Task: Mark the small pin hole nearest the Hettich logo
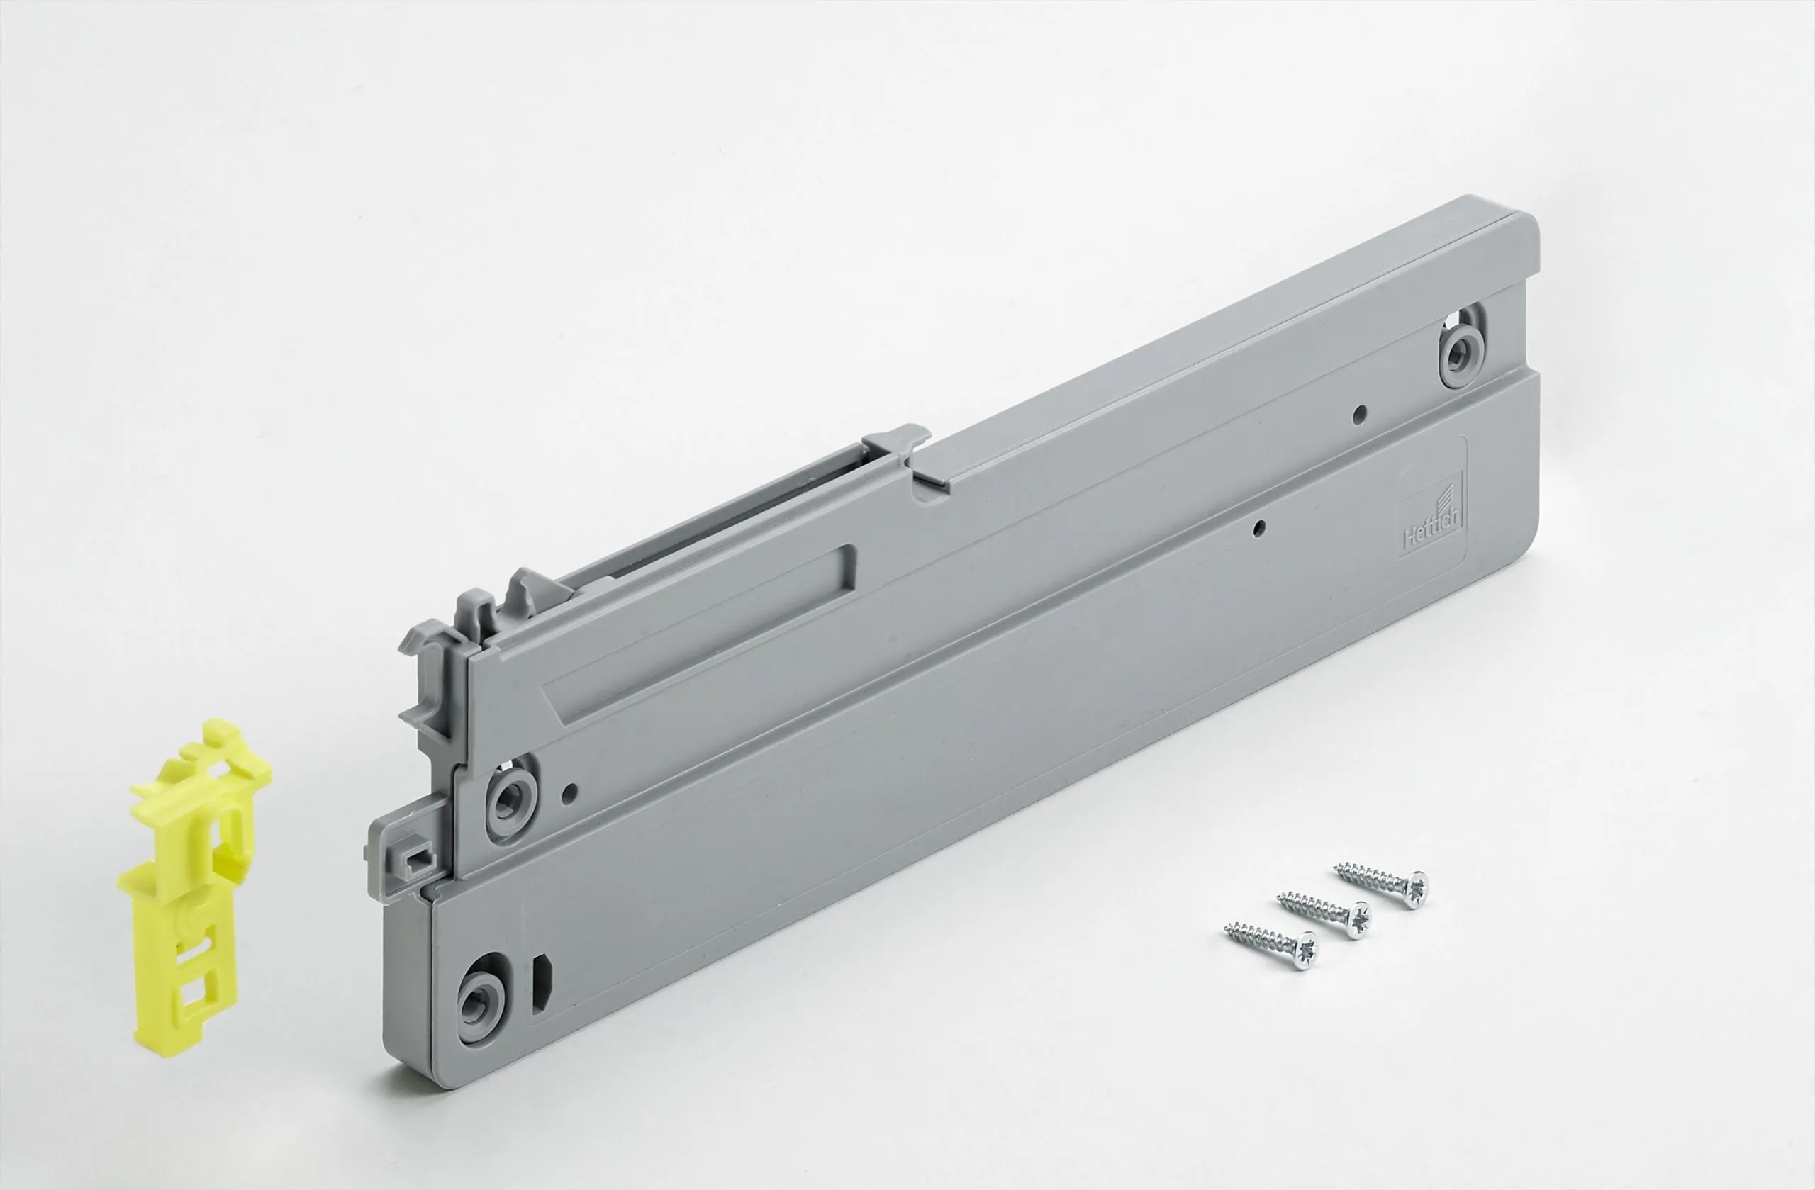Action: (x=1260, y=526)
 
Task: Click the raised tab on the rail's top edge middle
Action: (x=898, y=443)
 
